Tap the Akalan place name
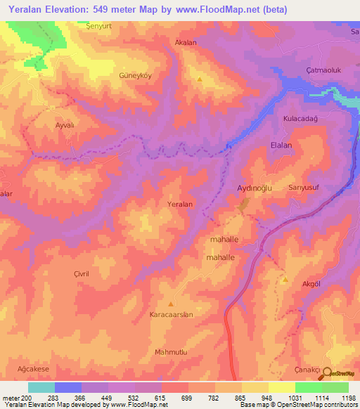(x=186, y=42)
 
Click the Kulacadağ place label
(x=301, y=119)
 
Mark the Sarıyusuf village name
(x=304, y=188)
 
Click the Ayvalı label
(x=65, y=124)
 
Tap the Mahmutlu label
(x=172, y=351)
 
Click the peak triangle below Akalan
(x=200, y=79)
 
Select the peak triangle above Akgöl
(x=285, y=280)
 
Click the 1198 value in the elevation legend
(x=346, y=398)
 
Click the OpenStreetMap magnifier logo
(x=327, y=373)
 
